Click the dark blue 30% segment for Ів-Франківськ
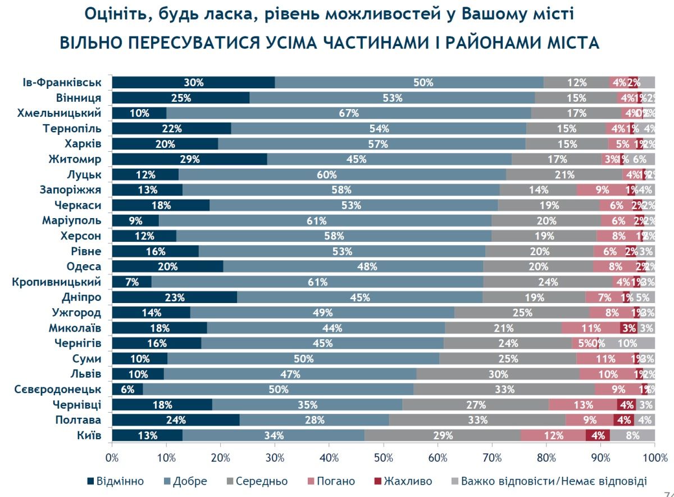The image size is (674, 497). click(193, 83)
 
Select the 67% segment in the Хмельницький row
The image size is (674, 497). click(349, 113)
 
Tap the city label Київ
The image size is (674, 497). click(89, 435)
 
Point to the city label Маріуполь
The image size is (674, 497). click(71, 220)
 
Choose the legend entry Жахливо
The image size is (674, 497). click(403, 481)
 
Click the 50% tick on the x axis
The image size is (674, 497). click(384, 458)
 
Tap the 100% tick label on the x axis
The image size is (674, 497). click(655, 458)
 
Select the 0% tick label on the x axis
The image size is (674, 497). click(112, 458)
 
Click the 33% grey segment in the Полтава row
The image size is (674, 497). click(477, 419)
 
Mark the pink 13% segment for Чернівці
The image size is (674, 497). click(582, 404)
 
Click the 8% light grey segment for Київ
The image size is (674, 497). click(632, 435)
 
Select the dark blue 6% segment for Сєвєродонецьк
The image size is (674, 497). click(127, 389)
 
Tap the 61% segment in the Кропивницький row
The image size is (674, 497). click(317, 282)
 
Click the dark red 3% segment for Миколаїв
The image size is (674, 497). click(629, 328)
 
